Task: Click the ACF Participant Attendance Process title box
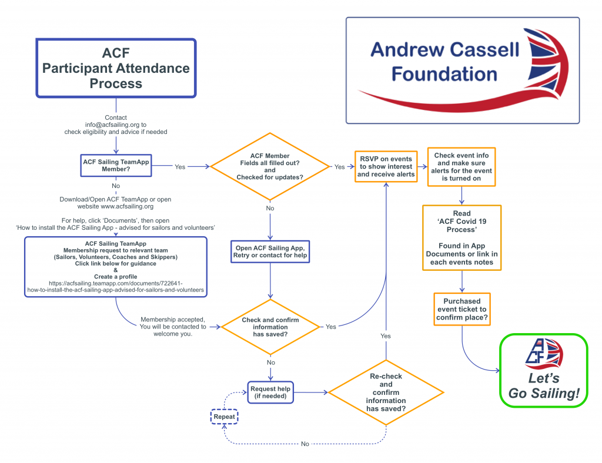[x=116, y=68]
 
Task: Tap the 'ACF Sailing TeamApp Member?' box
[x=115, y=165]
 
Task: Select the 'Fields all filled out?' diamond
[x=270, y=166]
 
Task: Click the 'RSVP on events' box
[x=385, y=166]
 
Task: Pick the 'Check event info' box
[x=461, y=166]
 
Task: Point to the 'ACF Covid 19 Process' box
[x=461, y=237]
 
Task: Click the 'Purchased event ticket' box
[x=461, y=309]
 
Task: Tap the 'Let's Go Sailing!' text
[x=543, y=386]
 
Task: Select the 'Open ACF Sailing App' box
[x=270, y=251]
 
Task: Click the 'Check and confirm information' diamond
[x=270, y=327]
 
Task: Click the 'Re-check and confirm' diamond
[x=386, y=392]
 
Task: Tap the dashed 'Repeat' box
[x=224, y=417]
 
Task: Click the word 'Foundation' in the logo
[x=444, y=75]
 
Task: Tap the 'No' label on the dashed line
[x=305, y=444]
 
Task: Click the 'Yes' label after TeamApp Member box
[x=180, y=167]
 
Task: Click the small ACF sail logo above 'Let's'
[x=543, y=351]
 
